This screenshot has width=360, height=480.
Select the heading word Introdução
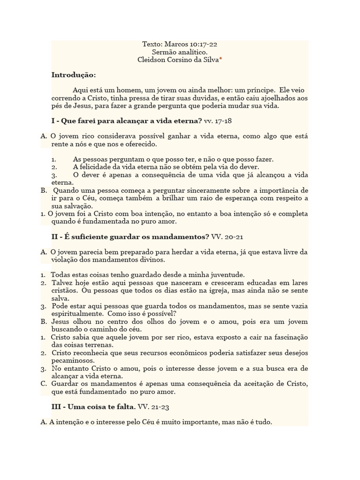coord(73,75)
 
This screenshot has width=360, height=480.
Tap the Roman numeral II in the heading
coord(54,236)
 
